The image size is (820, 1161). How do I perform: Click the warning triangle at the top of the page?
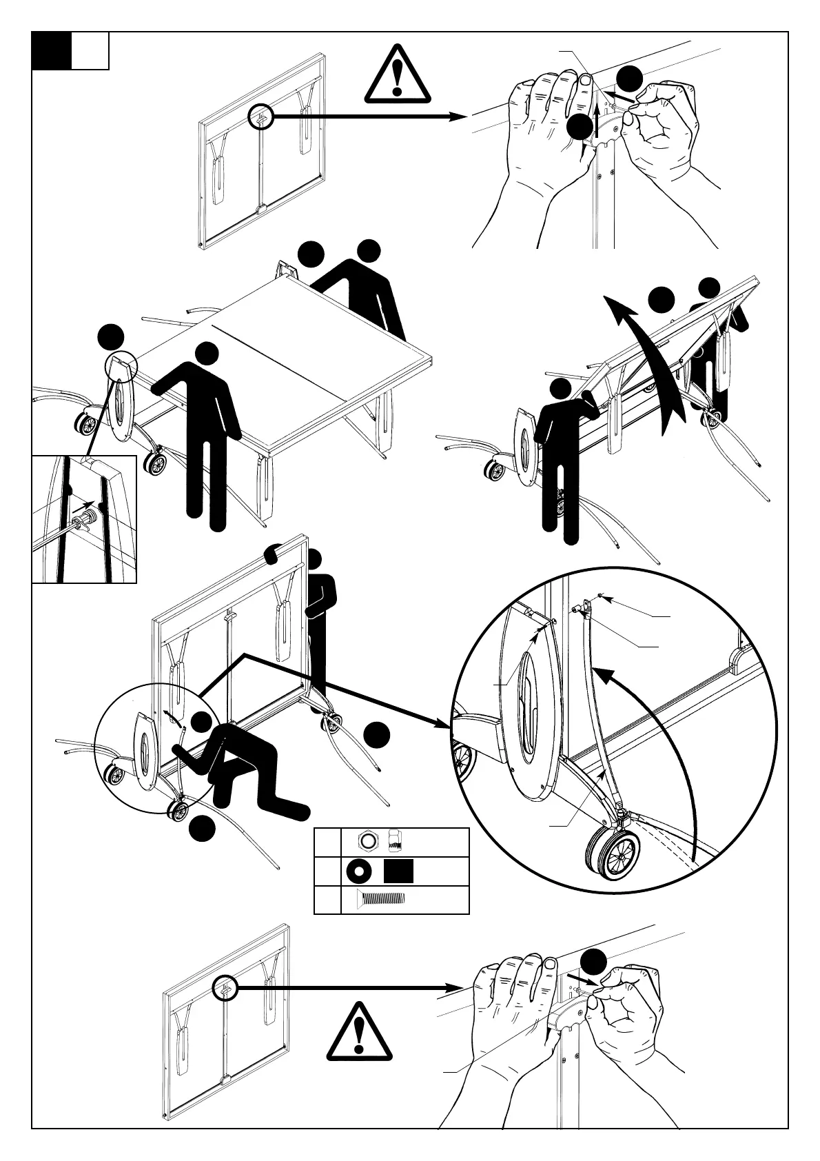[398, 74]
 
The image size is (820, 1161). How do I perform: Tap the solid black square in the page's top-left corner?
[52, 51]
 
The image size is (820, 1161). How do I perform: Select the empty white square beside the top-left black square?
[90, 51]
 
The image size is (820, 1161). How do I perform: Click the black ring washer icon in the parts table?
[358, 872]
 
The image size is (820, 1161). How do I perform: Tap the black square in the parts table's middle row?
[398, 872]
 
